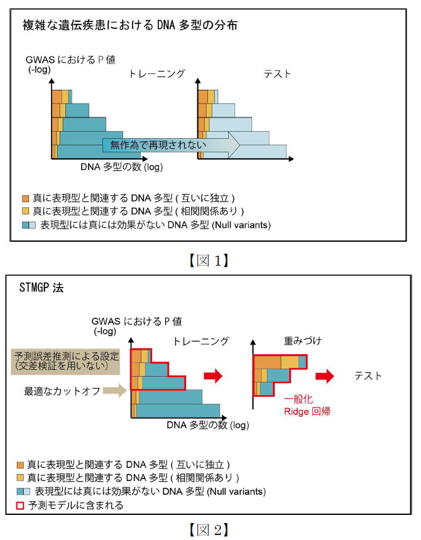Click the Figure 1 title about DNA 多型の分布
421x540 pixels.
(x=130, y=25)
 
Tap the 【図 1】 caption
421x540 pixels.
(x=209, y=261)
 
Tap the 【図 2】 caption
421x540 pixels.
(x=209, y=530)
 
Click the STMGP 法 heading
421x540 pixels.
(x=41, y=287)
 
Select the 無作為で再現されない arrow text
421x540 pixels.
(x=158, y=144)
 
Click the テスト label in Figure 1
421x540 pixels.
(x=277, y=74)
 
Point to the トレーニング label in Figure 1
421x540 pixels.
(x=156, y=73)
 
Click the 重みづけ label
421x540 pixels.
(x=303, y=341)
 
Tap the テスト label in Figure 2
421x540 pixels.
(x=368, y=375)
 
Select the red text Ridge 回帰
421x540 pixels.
(x=307, y=411)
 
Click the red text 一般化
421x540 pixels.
(x=298, y=399)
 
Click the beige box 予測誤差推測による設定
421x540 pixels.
(x=67, y=361)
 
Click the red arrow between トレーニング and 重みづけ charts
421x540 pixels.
(x=213, y=375)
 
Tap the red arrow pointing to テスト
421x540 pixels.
(x=324, y=375)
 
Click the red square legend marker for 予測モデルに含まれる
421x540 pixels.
(x=20, y=505)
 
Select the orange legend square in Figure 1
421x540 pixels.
(x=26, y=198)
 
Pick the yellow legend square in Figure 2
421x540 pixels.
(x=20, y=478)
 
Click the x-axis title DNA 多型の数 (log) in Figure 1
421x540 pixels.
(x=122, y=167)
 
